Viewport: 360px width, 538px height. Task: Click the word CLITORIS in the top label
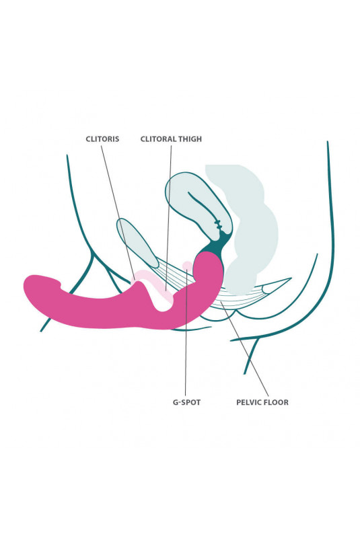click(102, 139)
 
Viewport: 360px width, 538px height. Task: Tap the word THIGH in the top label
click(190, 139)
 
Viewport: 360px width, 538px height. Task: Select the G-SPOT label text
click(186, 402)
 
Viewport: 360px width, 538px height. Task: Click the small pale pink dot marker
click(187, 265)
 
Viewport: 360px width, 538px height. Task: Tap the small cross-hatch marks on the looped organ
click(217, 225)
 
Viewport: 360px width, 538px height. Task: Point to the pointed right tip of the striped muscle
click(291, 278)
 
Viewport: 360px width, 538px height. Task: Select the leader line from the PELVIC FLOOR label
click(245, 349)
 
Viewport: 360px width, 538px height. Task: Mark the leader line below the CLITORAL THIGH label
click(168, 219)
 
